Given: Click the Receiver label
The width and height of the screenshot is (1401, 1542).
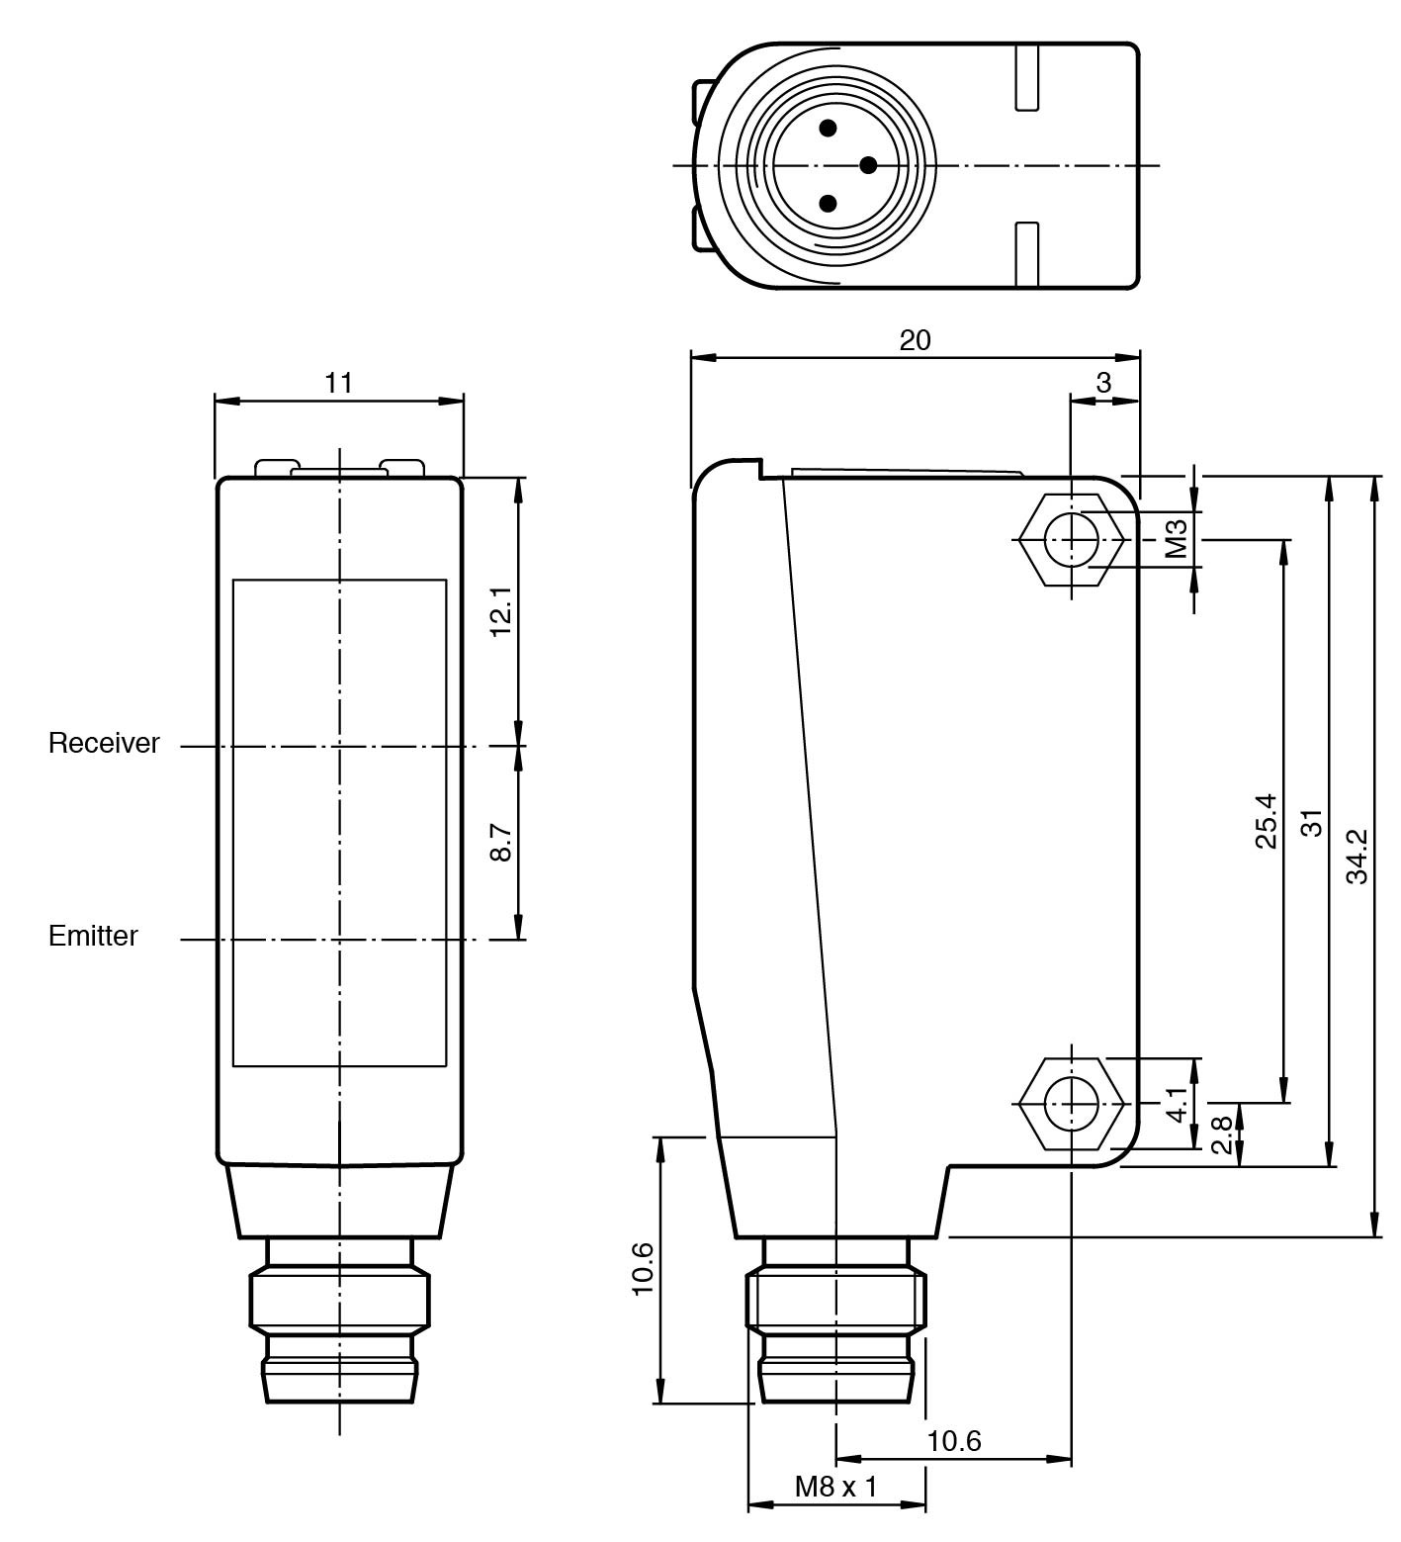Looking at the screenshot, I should tap(104, 744).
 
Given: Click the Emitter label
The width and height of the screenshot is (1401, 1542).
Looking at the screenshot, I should tap(93, 936).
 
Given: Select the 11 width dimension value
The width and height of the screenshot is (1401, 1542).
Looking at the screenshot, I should tap(339, 382).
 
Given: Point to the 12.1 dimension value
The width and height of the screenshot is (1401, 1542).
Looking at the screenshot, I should tap(502, 610).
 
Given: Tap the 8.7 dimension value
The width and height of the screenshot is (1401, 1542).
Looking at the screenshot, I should tap(502, 842).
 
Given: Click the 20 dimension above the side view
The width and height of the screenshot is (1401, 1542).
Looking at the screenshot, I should tap(915, 340).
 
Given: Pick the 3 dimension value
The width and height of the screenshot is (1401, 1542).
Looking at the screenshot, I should tap(1103, 382).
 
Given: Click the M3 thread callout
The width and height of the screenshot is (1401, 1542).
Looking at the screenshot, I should tap(1176, 539).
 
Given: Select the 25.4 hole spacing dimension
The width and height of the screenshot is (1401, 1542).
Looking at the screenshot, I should tap(1266, 821).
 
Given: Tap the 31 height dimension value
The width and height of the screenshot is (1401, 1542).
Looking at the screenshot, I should tap(1311, 822).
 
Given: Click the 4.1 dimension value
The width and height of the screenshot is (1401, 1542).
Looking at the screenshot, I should tap(1177, 1103).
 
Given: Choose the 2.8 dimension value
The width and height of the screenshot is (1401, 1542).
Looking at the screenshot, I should tap(1222, 1134).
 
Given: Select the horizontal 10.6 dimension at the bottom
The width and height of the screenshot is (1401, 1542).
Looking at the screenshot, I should tap(953, 1440).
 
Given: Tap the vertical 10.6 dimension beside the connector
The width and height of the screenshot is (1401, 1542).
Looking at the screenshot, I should tap(642, 1269).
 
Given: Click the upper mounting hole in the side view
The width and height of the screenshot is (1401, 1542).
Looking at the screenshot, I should tap(1072, 540).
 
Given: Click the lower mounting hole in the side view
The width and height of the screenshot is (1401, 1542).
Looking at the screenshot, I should tap(1072, 1103).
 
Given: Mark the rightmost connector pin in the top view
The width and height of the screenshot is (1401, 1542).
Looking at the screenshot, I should tap(868, 165).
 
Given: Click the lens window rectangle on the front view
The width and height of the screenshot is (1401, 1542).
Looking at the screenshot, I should tap(339, 823).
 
